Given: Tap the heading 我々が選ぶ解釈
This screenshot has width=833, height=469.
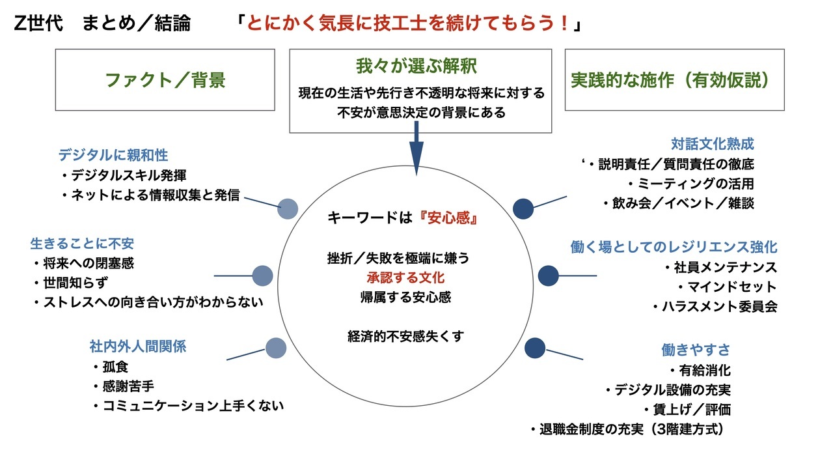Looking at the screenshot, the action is pos(416,66).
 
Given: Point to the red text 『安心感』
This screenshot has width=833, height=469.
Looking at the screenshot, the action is pos(448,218).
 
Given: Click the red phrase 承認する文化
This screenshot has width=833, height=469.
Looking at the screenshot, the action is pos(405,277).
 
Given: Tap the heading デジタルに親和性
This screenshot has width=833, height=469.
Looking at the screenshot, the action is pos(113,155).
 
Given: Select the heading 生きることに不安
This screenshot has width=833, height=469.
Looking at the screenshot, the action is pos(82,244).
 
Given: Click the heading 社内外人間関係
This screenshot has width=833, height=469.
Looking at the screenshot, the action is pos(138,347).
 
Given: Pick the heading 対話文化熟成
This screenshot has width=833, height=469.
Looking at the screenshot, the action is pos(713,144).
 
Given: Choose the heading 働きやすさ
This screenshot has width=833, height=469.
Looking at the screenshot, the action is pos(696,350).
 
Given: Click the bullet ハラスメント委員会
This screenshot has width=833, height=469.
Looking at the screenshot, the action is pos(715,306).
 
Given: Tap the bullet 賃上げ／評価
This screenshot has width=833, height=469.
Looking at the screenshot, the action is pos(688,410).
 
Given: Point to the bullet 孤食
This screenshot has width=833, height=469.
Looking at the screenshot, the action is pos(111,367).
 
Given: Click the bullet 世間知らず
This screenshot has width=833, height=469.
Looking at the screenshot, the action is pos(71,283).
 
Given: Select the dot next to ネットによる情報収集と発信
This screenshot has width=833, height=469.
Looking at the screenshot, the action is pos(288,209).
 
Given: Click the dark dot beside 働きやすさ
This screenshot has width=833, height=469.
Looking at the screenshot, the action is pos(535,348).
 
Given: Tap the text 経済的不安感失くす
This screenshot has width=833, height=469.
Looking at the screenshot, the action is pos(405,337).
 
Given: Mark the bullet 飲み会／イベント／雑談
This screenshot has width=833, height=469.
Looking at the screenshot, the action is pos(678,203).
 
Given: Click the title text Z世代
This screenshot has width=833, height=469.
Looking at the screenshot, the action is pos(38,23).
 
